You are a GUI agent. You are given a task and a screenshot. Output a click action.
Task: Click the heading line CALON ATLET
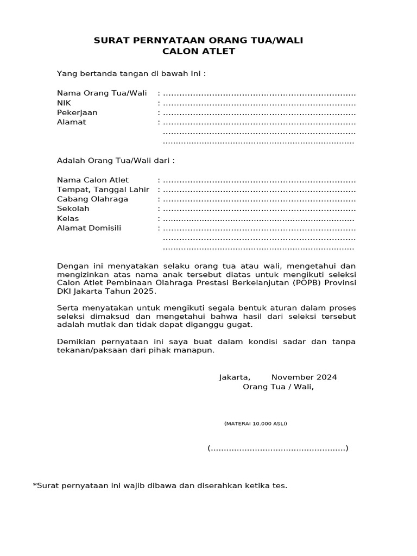[199, 52]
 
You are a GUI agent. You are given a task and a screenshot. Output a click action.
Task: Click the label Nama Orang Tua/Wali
[102, 93]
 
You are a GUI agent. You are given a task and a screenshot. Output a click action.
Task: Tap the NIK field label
[64, 103]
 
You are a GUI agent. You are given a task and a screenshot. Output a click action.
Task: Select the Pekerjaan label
[77, 112]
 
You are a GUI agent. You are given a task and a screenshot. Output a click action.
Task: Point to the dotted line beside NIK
[259, 104]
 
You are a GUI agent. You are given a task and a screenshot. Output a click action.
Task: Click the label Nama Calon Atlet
[93, 180]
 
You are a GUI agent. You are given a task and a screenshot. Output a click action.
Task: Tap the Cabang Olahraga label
[93, 199]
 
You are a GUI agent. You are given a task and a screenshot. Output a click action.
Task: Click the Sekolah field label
[73, 208]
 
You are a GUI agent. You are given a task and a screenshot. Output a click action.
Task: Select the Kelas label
[68, 218]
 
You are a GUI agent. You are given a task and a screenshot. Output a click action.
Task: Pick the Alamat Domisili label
[89, 228]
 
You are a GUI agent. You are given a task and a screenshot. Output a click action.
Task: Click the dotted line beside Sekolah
[259, 209]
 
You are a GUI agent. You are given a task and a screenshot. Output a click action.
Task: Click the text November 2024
[304, 377]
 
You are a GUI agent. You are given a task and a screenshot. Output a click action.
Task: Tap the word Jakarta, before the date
[235, 377]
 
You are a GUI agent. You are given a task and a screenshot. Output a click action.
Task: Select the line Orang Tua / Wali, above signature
[278, 387]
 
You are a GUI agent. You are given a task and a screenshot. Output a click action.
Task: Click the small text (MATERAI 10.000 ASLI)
[255, 424]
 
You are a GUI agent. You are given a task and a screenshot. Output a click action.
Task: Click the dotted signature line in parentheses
[278, 448]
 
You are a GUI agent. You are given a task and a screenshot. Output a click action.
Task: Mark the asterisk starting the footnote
[35, 484]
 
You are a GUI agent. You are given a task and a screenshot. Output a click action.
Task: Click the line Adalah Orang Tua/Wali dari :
[116, 161]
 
